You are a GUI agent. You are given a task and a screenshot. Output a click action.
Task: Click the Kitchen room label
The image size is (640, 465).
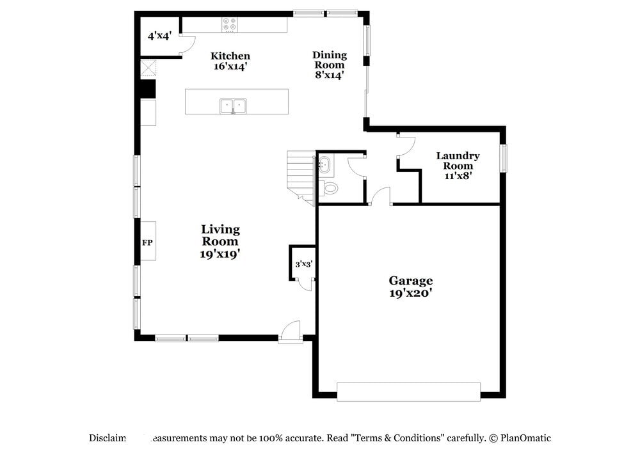tap(230, 61)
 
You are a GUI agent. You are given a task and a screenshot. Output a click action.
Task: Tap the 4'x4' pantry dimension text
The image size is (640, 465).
tap(159, 36)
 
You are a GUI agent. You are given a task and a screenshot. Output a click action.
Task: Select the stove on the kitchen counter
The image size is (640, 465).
tap(230, 25)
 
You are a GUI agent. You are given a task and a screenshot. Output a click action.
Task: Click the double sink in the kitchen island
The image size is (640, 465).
tap(234, 106)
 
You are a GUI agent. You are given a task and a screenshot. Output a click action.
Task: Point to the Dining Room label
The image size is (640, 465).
tap(329, 65)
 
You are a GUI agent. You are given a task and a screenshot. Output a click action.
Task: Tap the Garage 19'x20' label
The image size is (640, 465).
tap(411, 287)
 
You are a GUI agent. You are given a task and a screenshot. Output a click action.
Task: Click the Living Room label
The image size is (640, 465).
tap(220, 240)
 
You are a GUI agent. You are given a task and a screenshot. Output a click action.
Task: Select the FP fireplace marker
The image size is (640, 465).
tap(147, 242)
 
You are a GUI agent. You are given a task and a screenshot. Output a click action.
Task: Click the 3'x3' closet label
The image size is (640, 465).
tap(303, 264)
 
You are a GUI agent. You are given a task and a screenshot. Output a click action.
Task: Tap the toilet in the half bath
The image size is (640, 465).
tap(330, 188)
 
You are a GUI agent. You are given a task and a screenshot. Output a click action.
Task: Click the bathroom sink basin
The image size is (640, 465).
tap(325, 165)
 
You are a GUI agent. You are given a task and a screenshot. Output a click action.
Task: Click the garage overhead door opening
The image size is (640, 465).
tap(408, 391)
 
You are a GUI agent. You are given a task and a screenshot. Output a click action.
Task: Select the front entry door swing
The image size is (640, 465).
tap(291, 331)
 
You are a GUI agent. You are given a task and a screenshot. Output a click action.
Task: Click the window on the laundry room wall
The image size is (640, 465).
tap(504, 159)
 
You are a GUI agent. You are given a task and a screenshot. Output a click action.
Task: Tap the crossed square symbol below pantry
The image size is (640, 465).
tap(148, 68)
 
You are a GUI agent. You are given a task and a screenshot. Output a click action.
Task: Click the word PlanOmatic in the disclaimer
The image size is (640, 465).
tap(525, 438)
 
